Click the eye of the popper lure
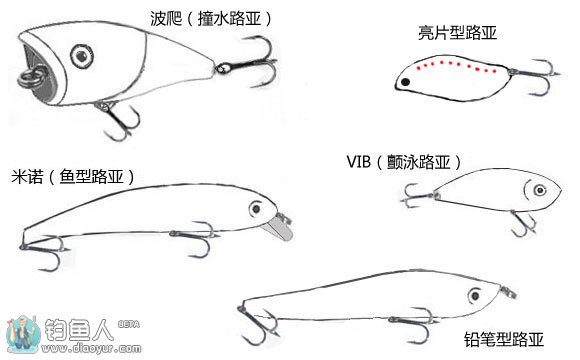click(82, 56)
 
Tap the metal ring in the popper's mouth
click(27, 78)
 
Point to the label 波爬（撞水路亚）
click(211, 18)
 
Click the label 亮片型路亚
click(457, 33)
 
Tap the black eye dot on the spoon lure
click(405, 82)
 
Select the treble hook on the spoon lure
click(535, 76)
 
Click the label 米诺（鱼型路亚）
click(73, 176)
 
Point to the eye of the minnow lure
click(256, 209)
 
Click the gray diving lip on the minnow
click(280, 228)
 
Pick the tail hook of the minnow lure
click(43, 252)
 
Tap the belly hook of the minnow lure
click(195, 239)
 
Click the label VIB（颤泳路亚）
click(404, 162)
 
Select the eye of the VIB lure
click(540, 191)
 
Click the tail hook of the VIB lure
click(418, 196)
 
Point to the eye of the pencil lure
click(475, 296)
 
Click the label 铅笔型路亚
click(504, 339)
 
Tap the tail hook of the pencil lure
click(259, 324)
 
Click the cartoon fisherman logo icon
click(23, 335)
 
